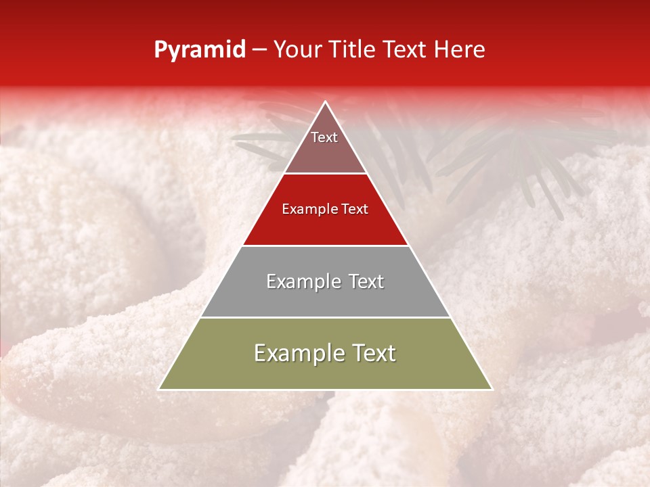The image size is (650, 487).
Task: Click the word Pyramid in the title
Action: [x=199, y=50]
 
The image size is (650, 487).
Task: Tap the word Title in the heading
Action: [x=353, y=50]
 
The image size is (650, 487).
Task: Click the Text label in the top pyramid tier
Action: [x=324, y=137]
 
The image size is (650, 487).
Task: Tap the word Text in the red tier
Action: [x=354, y=210]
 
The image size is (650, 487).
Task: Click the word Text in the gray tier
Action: [x=366, y=281]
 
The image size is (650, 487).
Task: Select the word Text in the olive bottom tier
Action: [x=373, y=353]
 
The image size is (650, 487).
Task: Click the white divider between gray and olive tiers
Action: [x=326, y=317]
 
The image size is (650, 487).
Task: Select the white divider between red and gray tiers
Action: [x=326, y=246]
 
